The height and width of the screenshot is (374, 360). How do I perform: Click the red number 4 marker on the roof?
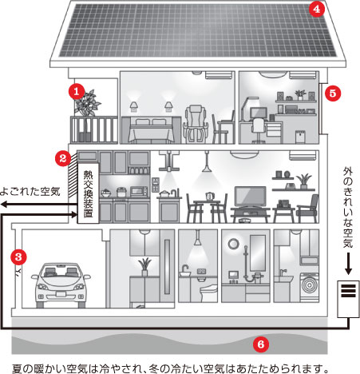[x=317, y=9]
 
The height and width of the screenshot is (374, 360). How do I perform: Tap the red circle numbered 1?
[x=77, y=92]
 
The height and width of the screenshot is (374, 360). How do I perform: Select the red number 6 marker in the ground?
[x=261, y=344]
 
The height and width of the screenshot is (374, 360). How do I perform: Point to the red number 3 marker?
[x=18, y=257]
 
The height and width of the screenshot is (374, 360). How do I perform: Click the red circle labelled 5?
[x=333, y=93]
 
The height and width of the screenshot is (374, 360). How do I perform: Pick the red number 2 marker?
[x=63, y=158]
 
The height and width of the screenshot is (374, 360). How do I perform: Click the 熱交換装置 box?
[x=88, y=193]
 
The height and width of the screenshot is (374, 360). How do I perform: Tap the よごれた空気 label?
[x=30, y=191]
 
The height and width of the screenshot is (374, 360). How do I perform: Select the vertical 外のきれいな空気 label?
[x=348, y=208]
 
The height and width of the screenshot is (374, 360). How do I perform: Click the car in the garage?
[x=61, y=285]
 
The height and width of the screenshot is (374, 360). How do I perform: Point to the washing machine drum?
[x=310, y=285]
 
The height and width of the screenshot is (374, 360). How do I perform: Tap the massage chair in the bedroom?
[x=195, y=124]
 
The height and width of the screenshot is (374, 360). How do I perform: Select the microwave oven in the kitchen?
[x=139, y=191]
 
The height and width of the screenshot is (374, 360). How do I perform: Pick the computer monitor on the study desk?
[x=259, y=113]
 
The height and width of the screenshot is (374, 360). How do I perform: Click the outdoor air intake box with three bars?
[x=348, y=299]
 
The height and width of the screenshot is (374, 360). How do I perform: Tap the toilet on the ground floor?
[x=208, y=291]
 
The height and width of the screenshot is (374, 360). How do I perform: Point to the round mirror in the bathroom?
[x=234, y=244]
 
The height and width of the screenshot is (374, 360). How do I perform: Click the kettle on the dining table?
[x=210, y=197]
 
